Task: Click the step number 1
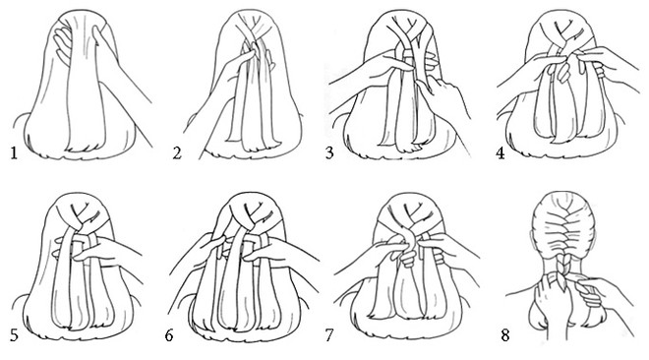[14, 153]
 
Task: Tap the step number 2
[177, 153]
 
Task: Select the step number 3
[329, 153]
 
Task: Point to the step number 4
[501, 153]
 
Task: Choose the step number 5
[14, 335]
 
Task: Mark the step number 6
[169, 335]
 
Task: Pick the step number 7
[329, 335]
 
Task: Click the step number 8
[505, 335]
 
